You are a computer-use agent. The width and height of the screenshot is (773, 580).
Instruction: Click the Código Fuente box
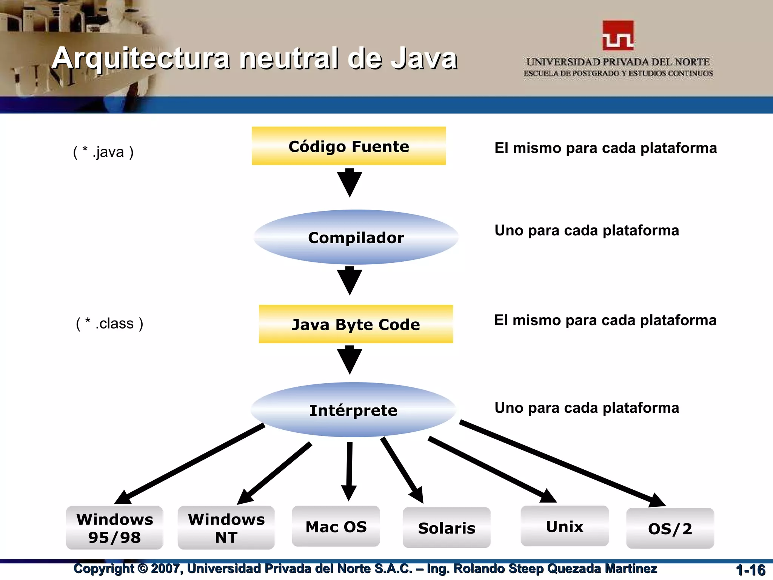tap(349, 146)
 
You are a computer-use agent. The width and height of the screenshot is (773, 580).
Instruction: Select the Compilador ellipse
tap(356, 238)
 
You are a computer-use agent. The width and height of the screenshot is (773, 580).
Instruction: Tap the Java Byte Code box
tap(356, 324)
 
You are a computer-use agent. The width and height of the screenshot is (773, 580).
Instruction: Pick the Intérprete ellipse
tap(353, 410)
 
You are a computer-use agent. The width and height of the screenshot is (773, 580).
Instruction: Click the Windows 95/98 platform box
tap(114, 528)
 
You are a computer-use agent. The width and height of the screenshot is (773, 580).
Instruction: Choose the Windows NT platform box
tap(226, 528)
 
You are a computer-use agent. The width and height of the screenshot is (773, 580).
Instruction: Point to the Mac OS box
tap(336, 526)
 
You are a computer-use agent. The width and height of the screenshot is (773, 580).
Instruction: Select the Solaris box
tap(447, 528)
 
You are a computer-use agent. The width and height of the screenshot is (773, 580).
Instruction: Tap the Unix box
tap(564, 526)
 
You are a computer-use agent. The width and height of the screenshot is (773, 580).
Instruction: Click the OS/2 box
tap(670, 528)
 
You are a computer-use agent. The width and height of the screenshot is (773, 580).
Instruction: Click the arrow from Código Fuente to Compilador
tap(350, 183)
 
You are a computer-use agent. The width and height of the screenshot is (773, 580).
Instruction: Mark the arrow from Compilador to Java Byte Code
tap(350, 281)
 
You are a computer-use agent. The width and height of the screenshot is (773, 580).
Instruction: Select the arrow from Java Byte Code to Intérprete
tap(350, 359)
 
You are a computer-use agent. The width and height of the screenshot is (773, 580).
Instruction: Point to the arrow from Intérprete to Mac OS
tap(349, 472)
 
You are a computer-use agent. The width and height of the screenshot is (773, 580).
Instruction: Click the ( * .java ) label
tap(103, 152)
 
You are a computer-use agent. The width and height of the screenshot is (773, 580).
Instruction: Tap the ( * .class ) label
tap(109, 324)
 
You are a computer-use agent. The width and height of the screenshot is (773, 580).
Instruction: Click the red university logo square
tap(618, 35)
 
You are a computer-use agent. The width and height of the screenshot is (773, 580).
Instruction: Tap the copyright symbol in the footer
tap(142, 568)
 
